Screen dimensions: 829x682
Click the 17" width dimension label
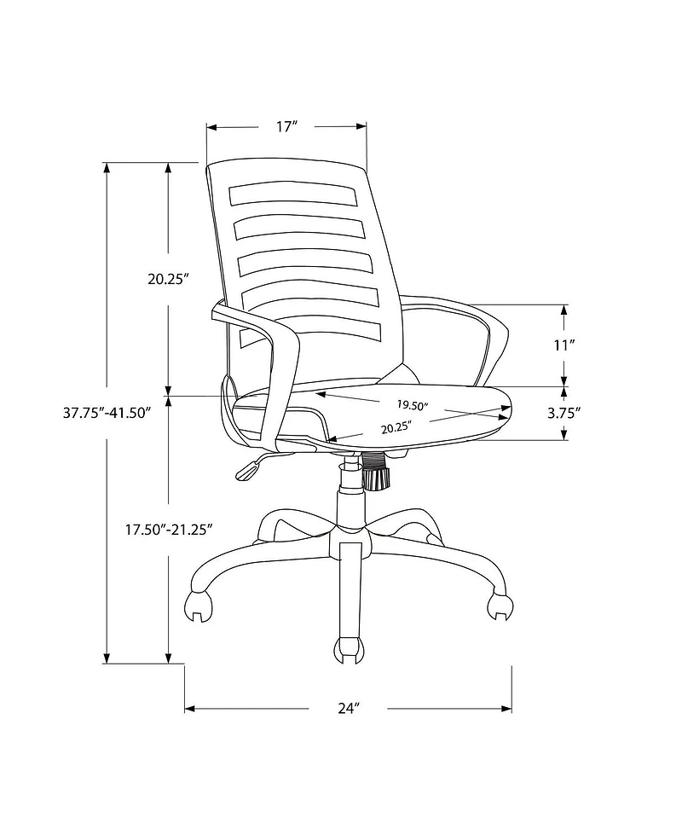tap(286, 127)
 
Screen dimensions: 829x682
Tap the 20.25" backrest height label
tap(167, 278)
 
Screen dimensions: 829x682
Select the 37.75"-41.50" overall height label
tap(107, 412)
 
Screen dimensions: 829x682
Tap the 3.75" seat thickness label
tap(564, 413)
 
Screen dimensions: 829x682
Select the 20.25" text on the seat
tap(396, 426)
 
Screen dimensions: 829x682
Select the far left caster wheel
tap(199, 602)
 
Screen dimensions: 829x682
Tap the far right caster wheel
tap(500, 604)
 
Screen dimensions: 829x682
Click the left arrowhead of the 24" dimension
tap(190, 709)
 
